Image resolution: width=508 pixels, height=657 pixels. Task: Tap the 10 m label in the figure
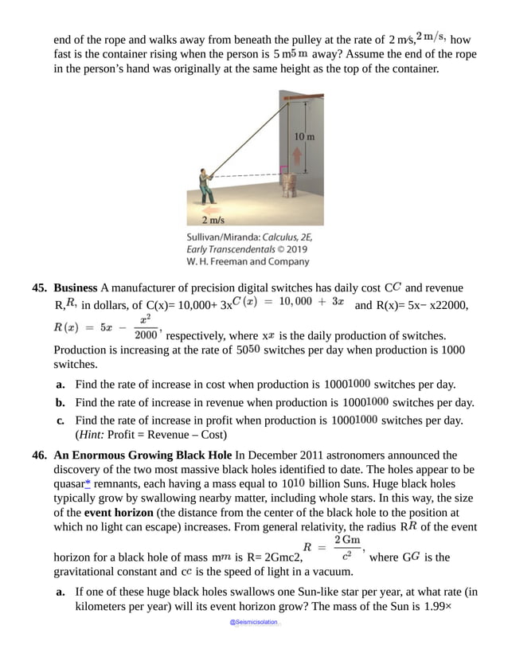point(303,137)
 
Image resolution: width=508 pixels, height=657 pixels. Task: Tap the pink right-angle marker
point(283,169)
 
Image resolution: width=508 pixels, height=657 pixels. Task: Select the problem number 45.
point(41,287)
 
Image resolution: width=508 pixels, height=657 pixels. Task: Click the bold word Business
point(76,287)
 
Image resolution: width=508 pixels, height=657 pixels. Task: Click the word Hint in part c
point(92,435)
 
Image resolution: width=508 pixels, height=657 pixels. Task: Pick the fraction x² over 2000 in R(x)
point(145,327)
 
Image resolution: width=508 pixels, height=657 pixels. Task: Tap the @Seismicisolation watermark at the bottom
point(253,622)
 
